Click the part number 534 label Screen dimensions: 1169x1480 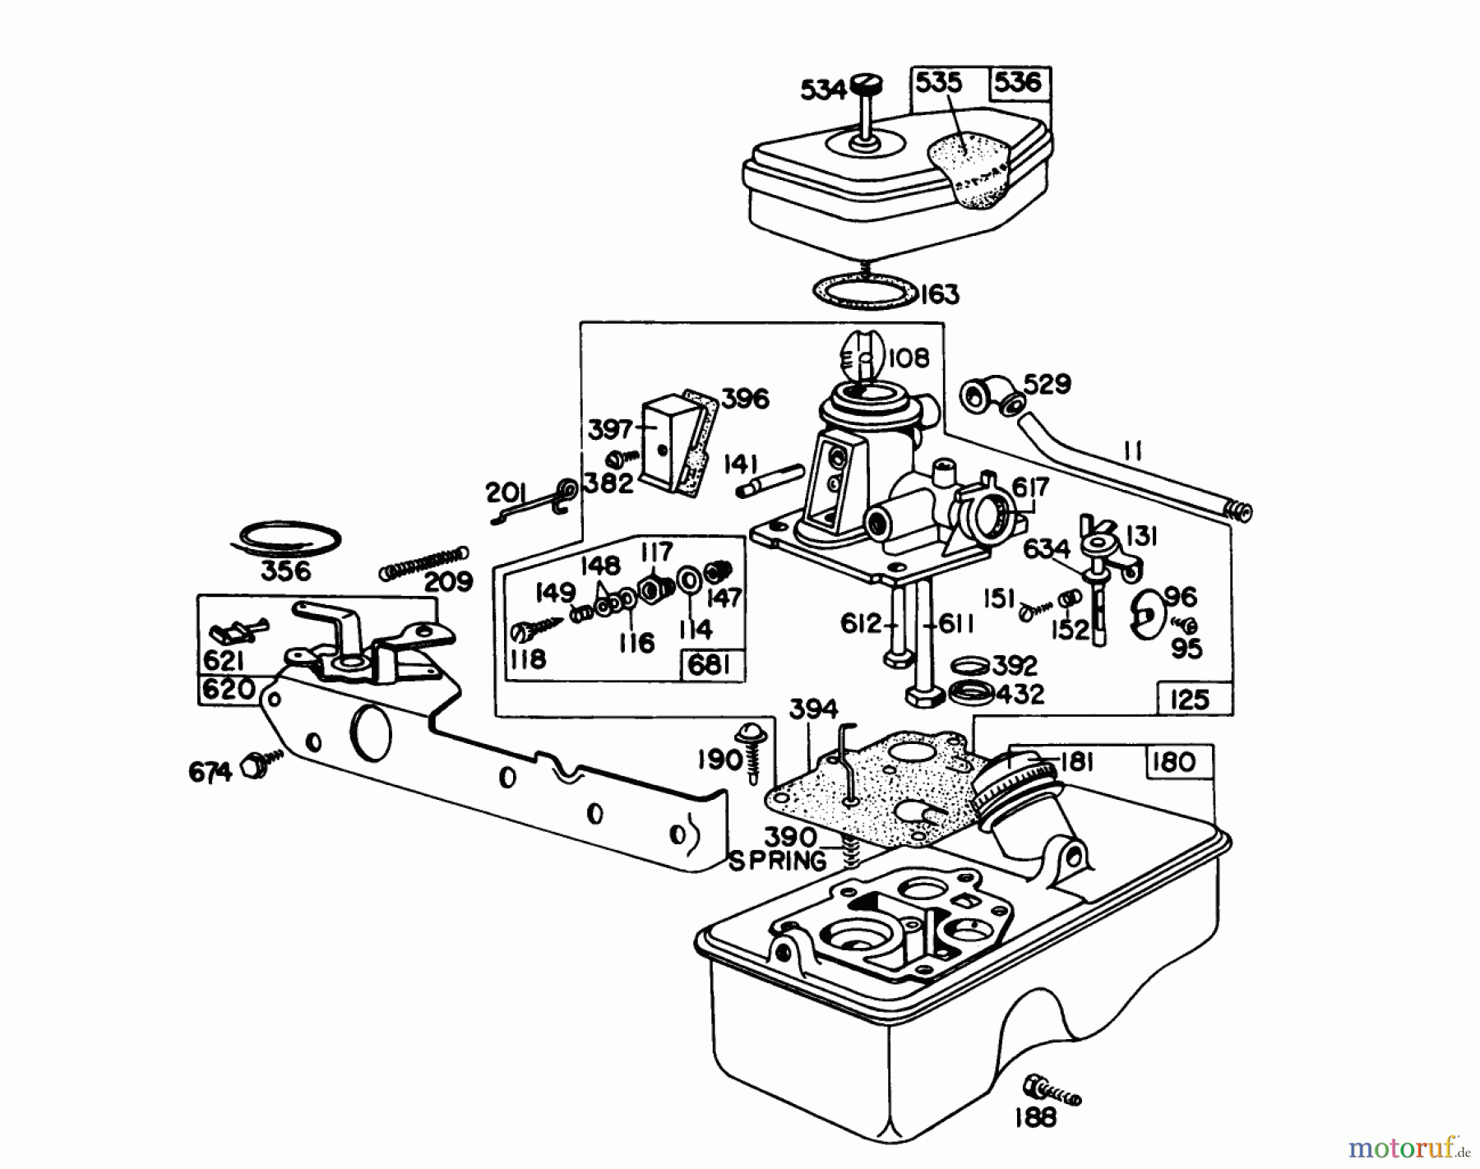point(823,89)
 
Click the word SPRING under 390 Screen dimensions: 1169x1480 point(777,862)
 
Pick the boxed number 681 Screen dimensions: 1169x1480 point(709,664)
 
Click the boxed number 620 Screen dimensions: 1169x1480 point(228,688)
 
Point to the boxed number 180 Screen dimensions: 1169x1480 point(1173,762)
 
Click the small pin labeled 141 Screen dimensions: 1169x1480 point(770,481)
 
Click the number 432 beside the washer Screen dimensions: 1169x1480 point(1020,695)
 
